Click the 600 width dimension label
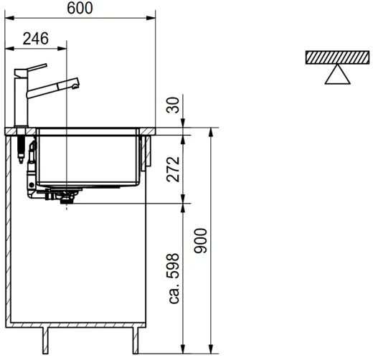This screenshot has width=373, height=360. (80, 8)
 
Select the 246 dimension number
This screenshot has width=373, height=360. (36, 39)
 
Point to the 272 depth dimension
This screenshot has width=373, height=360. (173, 169)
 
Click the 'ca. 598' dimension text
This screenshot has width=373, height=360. (174, 278)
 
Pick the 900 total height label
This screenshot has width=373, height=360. (201, 241)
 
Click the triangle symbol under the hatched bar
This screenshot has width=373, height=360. (337, 75)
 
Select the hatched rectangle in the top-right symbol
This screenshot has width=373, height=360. (337, 57)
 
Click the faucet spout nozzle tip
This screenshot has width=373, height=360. (75, 85)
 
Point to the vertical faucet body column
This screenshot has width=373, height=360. (22, 100)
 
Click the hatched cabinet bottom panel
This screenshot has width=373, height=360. (75, 325)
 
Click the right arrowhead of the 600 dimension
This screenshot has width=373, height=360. (151, 18)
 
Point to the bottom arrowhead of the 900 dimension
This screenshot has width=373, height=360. (211, 349)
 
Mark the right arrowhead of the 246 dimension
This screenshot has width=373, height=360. (62, 49)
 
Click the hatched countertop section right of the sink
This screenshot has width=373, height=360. (147, 131)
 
